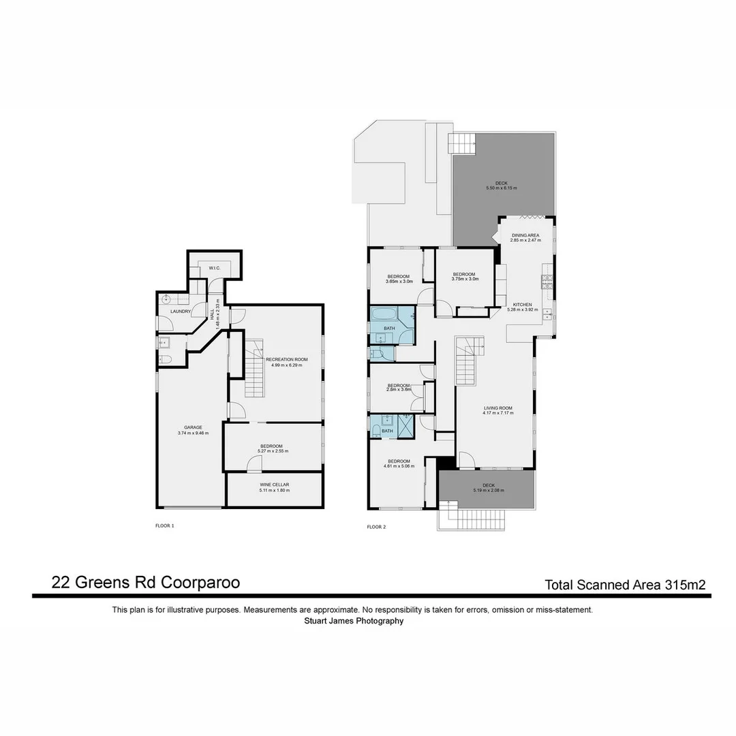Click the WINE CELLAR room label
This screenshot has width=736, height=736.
(x=274, y=485)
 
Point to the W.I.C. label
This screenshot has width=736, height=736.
(x=214, y=268)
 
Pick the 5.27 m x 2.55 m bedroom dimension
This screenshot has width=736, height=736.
(x=273, y=451)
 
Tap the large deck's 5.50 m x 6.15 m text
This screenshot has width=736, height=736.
(x=501, y=187)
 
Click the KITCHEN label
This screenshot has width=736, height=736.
(x=523, y=305)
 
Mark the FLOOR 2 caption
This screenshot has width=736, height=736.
(x=377, y=527)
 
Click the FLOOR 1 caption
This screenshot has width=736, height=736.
(x=166, y=526)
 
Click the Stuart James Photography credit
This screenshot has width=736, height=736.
(x=353, y=621)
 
